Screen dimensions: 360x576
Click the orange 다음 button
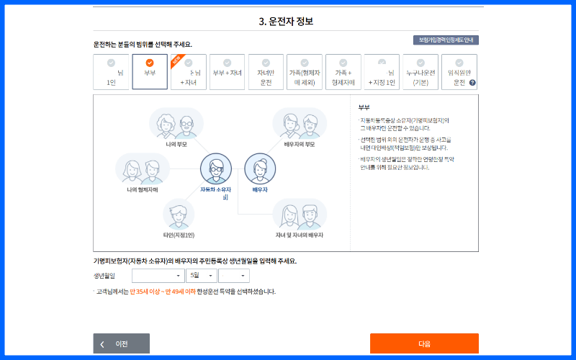click(424, 343)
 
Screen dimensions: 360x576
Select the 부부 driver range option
click(150, 73)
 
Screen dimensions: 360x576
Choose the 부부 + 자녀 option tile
click(227, 73)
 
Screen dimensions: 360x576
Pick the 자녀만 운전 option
click(266, 73)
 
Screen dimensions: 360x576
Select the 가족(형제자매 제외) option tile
click(305, 73)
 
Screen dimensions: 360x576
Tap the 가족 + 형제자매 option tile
click(343, 73)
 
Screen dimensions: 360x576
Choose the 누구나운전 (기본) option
click(420, 73)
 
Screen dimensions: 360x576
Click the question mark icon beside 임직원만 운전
click(472, 83)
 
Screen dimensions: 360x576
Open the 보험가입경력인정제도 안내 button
click(446, 40)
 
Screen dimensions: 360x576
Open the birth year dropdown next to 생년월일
click(158, 276)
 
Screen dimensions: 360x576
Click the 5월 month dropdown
click(201, 276)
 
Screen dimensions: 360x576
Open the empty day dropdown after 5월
click(235, 276)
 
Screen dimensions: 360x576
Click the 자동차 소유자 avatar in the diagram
click(215, 170)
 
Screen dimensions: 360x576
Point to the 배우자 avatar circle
click(259, 170)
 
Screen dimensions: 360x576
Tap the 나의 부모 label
click(176, 144)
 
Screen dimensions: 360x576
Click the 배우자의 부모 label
click(300, 144)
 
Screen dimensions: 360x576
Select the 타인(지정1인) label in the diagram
click(179, 235)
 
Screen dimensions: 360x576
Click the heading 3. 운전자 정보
click(287, 21)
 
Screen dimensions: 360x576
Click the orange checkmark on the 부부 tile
click(150, 63)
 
